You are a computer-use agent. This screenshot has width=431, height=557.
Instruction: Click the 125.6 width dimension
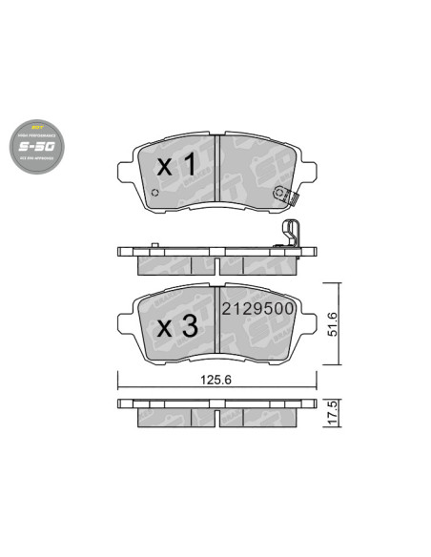212,379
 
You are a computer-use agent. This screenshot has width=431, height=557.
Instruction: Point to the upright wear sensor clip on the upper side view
295,235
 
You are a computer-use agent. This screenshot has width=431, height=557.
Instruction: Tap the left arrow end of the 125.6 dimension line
118,389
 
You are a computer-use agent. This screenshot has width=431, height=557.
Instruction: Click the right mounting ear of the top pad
315,173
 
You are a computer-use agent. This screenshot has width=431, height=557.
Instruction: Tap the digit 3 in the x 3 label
189,327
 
